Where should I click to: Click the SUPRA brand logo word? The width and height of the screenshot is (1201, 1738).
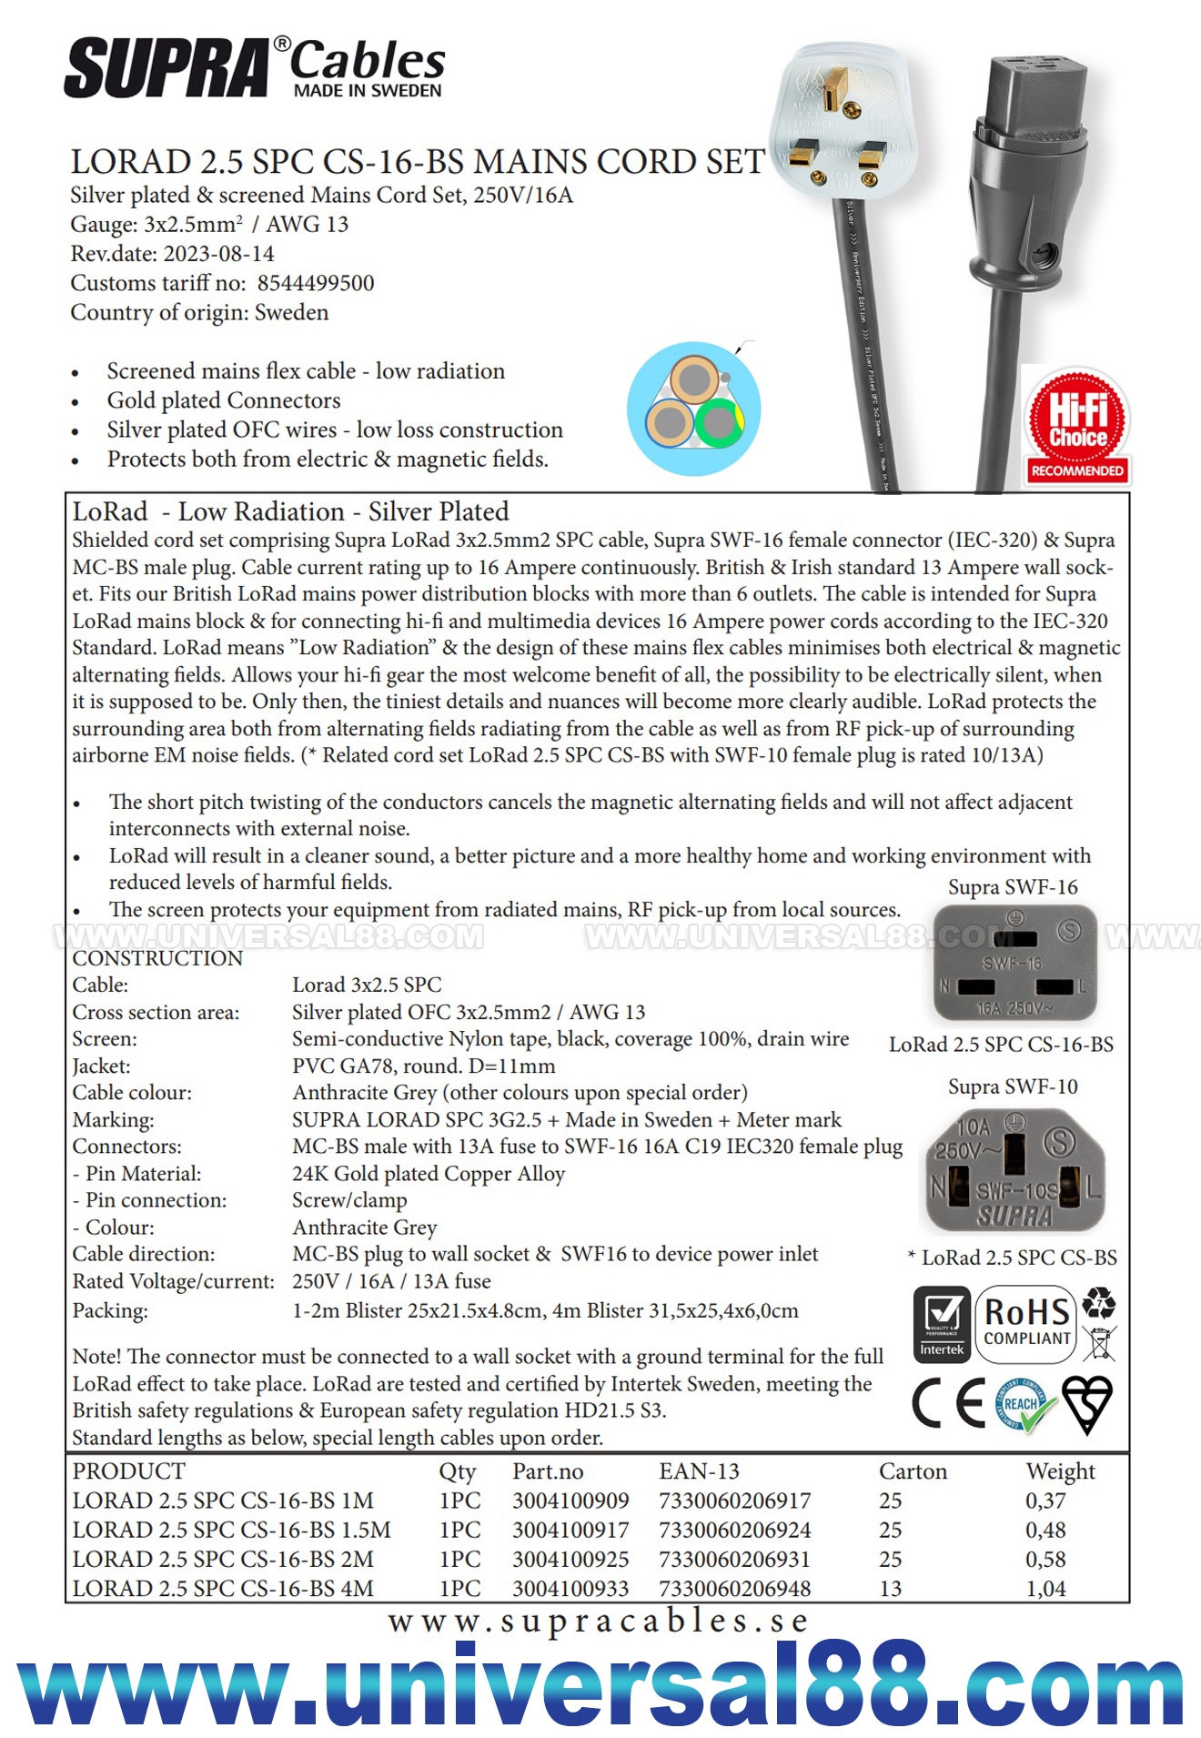167,68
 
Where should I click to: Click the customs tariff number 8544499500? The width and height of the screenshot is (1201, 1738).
316,283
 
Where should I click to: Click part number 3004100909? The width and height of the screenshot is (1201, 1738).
570,1501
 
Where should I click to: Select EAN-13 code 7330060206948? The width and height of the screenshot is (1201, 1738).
734,1588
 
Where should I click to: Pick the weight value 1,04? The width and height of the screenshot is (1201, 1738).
1045,1588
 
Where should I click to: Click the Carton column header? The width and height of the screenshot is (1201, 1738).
913,1471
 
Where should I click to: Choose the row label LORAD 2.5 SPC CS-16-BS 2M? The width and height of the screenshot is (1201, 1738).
223,1559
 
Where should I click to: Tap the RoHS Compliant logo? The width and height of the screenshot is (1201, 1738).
1027,1324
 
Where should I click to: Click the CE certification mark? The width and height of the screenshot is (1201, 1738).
949,1402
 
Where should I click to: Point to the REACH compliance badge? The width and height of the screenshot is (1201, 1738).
1024,1404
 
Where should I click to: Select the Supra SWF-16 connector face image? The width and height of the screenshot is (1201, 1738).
1014,964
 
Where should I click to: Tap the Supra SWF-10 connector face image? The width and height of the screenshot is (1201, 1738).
1014,1169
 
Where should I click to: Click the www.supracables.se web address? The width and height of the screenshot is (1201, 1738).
599,1621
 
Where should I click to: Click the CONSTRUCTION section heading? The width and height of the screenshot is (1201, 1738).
157,958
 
